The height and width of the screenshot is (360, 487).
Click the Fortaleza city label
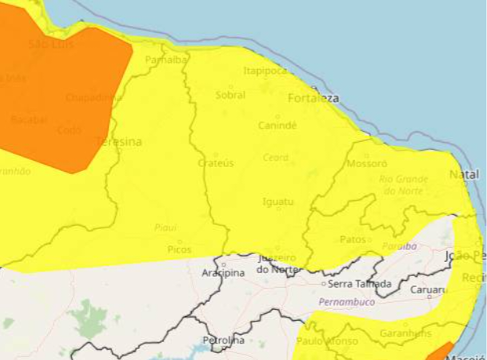tap(313, 99)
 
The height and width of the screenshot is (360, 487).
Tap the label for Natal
tap(463, 174)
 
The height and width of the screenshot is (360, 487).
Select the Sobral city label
tap(230, 95)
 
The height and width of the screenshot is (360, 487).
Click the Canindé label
tap(278, 125)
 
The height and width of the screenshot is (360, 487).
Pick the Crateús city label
tap(216, 163)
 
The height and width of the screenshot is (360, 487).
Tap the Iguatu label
tap(277, 202)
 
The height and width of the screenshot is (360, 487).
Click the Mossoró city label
tap(366, 165)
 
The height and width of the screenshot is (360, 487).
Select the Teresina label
tap(118, 142)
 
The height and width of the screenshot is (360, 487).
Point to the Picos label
tap(179, 249)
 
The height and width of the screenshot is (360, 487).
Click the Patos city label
tap(353, 239)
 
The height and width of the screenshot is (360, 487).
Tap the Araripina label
tap(224, 273)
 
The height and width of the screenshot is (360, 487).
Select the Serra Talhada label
tap(358, 283)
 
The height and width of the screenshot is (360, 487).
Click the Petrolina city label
tap(224, 340)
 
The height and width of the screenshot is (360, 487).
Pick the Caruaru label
tap(427, 290)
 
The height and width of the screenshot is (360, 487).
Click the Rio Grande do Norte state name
tap(404, 185)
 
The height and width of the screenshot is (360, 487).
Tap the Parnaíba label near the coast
tap(165, 60)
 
